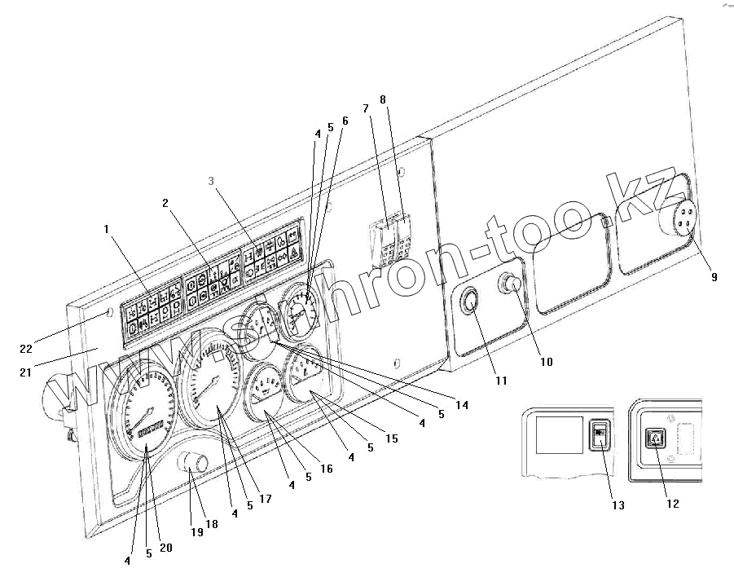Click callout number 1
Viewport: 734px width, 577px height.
coord(105,230)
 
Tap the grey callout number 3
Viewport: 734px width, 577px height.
coord(211,181)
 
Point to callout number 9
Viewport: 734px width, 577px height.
coord(714,277)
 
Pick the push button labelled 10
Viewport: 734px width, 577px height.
coord(512,284)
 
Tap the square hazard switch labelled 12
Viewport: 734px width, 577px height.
coord(656,439)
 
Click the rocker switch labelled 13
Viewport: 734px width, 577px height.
coord(599,435)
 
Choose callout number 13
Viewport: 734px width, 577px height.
coord(618,505)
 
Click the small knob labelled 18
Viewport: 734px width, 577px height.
coord(196,465)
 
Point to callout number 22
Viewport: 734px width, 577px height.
coord(26,349)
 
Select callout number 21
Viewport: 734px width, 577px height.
coord(26,373)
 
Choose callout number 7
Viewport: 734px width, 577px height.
coord(366,108)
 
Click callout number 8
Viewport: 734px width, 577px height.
coord(383,99)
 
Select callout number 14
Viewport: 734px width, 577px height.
coord(462,404)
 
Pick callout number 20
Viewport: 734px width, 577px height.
coord(165,548)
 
